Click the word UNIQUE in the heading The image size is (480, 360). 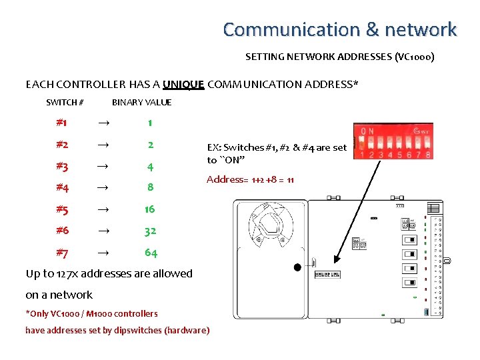[x=183, y=85]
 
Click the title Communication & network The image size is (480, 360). [x=339, y=30]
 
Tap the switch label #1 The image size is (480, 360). [x=61, y=123]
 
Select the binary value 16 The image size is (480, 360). [x=150, y=209]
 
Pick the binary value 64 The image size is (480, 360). [x=151, y=253]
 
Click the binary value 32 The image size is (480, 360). [x=150, y=231]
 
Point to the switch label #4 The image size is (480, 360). [x=62, y=188]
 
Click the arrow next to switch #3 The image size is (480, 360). [x=103, y=167]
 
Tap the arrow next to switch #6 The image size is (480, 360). [x=103, y=231]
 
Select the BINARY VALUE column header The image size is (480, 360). [x=141, y=103]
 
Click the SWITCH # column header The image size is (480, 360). [x=65, y=103]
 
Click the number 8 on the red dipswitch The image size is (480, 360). [x=427, y=155]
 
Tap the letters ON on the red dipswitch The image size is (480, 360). [x=367, y=131]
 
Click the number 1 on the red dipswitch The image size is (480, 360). [x=361, y=155]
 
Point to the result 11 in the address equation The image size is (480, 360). [x=289, y=180]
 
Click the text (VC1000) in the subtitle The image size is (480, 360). [x=415, y=57]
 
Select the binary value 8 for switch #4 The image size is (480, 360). [x=150, y=188]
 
